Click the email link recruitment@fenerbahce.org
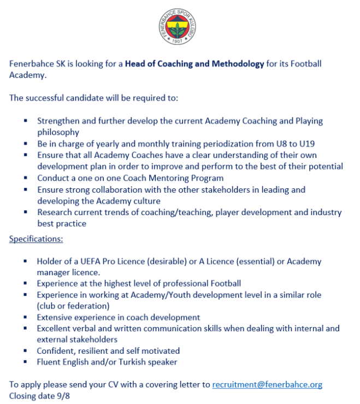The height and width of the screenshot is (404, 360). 267,384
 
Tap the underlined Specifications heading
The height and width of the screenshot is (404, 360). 36,239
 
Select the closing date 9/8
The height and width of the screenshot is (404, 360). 62,395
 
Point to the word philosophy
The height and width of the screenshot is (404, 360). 58,132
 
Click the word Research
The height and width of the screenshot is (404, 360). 55,212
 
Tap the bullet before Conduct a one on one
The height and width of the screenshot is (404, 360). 26,178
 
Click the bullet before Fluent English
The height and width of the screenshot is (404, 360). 26,361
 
